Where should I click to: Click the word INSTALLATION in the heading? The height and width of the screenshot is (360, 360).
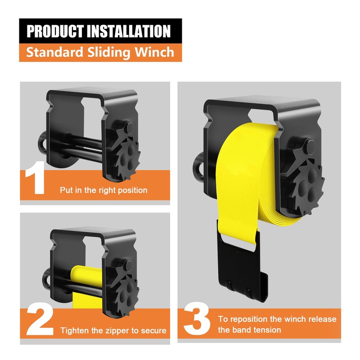pyautogui.click(x=131, y=31)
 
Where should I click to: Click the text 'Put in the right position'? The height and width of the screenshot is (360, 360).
pyautogui.click(x=103, y=190)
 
